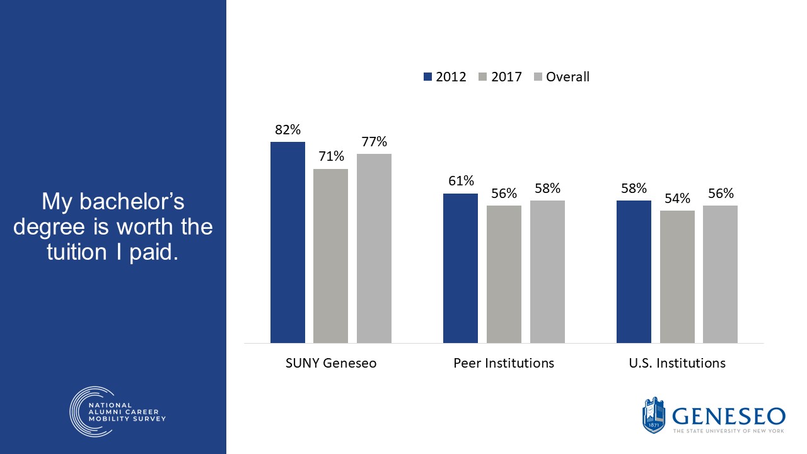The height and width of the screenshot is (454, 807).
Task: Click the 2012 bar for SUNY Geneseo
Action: [x=287, y=243]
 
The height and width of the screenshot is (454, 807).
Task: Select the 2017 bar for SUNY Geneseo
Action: [x=330, y=256]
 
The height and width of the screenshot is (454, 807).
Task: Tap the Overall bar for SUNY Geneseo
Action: [x=374, y=248]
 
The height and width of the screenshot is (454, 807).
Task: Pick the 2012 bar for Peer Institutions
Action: [x=460, y=268]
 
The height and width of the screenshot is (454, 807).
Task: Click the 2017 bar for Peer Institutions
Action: [x=504, y=274]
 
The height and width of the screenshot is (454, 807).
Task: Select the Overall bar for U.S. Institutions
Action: [x=720, y=274]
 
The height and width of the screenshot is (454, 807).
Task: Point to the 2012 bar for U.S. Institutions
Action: [x=634, y=272]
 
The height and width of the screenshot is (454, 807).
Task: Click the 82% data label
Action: [x=287, y=130]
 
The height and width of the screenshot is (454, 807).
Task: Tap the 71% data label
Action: [x=330, y=156]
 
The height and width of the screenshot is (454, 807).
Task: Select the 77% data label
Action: [x=374, y=142]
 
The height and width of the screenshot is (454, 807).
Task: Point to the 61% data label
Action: [x=460, y=182]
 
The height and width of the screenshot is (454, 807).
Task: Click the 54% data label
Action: [x=677, y=199]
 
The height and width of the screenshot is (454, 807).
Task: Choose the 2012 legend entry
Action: [x=445, y=77]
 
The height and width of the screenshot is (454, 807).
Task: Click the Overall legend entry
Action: [x=561, y=77]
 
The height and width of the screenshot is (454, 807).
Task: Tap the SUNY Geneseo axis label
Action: [x=331, y=363]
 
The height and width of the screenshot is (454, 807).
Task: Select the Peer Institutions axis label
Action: [x=504, y=363]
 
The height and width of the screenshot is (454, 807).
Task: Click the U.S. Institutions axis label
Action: [x=677, y=363]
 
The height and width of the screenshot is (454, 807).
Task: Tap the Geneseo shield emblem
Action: [x=654, y=416]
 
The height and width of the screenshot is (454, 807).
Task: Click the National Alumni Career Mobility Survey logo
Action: [x=118, y=411]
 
